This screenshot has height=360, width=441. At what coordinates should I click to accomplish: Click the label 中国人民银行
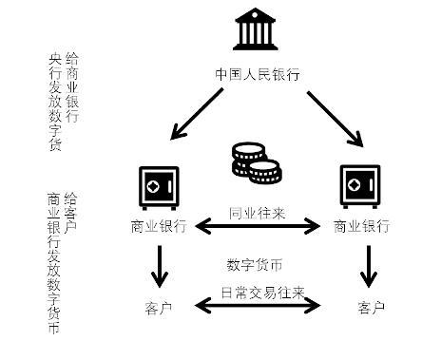[258, 72]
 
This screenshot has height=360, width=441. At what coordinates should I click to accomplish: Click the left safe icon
[159, 187]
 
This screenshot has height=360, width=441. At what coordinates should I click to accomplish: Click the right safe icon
[359, 187]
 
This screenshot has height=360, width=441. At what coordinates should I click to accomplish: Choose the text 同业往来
[259, 211]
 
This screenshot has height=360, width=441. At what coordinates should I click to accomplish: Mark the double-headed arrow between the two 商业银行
[259, 226]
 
